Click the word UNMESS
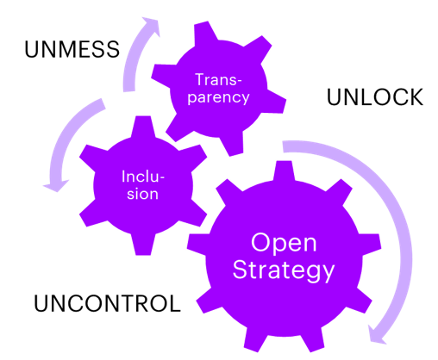point(72,49)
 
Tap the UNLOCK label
point(375,97)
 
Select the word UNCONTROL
point(107,303)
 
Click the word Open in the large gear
point(284,244)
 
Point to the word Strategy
point(284,270)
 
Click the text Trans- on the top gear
point(218,79)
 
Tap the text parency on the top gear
point(218,97)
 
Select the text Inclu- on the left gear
point(142,177)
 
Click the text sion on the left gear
point(142,194)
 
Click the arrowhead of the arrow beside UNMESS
point(151,25)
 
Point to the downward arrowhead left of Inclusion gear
point(56,185)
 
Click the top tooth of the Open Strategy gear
point(284,171)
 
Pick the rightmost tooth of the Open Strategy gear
point(371,244)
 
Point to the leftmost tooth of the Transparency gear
point(161,75)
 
